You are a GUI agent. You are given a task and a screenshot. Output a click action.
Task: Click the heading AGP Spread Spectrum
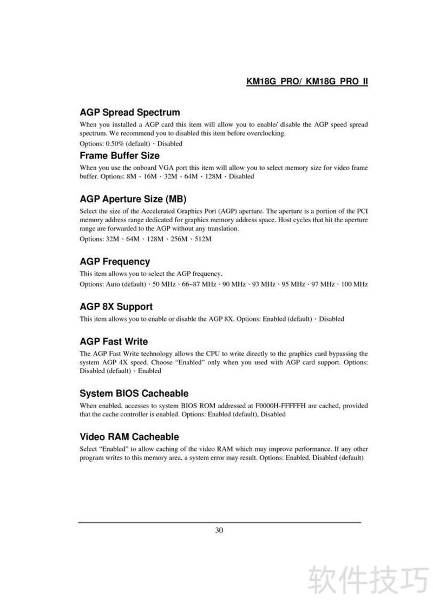129,112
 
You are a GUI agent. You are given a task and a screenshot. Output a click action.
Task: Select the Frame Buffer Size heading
120,156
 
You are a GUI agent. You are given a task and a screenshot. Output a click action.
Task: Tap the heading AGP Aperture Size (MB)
133,198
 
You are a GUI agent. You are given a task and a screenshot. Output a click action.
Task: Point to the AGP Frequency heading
115,262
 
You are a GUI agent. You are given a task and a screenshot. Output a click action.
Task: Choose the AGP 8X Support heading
116,307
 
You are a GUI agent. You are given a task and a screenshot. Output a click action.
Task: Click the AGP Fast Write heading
114,342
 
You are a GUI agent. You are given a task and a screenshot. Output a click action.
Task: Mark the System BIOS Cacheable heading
134,393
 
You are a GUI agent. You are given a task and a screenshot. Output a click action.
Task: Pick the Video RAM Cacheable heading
129,436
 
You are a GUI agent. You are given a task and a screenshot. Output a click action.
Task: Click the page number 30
219,530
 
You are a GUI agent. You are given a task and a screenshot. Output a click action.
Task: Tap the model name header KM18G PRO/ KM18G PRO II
307,82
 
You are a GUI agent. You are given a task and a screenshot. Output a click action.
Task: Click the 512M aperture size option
202,239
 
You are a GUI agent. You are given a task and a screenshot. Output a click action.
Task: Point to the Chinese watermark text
368,580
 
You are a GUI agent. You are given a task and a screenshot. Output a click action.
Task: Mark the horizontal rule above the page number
219,523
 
